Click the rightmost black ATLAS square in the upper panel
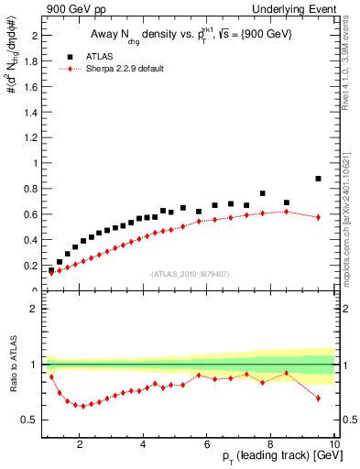click(318, 179)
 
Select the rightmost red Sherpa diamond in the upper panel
click(318, 217)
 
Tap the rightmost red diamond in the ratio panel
click(318, 398)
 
